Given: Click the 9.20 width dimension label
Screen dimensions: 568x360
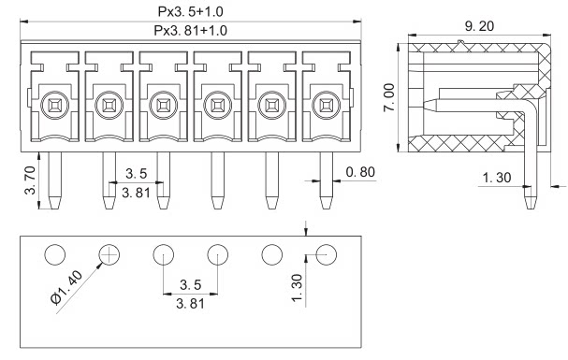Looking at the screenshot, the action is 479,26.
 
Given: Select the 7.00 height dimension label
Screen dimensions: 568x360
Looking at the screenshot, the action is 389,97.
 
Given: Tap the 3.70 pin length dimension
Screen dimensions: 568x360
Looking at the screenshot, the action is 31,180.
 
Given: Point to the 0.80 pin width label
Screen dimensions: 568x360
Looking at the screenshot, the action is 360,172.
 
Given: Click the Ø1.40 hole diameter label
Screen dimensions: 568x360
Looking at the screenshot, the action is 66,288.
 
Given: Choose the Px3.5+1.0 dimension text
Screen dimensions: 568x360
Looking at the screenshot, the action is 191,11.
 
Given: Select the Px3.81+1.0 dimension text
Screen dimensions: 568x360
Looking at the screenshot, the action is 191,31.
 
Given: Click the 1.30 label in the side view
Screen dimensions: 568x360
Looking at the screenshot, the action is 497,178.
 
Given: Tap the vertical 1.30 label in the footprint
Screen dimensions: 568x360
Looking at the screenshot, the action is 297,288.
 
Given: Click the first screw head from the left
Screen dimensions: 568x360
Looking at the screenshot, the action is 54,106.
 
